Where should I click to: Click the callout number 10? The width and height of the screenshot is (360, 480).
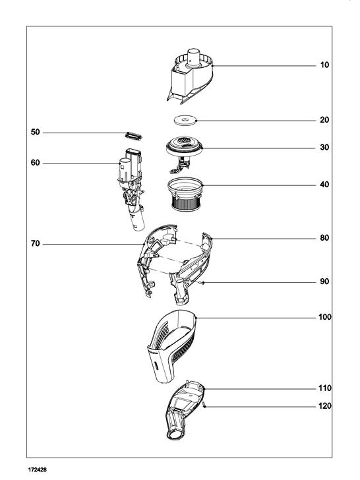[x=324, y=65]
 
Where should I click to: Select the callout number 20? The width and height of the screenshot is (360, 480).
[x=324, y=120]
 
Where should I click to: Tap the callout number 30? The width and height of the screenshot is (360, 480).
[x=324, y=147]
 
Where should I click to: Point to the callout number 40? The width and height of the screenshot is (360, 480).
[x=324, y=185]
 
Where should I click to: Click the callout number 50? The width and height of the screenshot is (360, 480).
[x=36, y=132]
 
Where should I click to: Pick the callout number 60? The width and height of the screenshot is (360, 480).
[x=36, y=163]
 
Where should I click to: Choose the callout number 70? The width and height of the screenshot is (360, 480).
[x=36, y=243]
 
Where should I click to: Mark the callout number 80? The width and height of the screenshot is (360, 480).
[x=324, y=238]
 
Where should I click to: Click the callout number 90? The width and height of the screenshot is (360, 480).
[x=324, y=282]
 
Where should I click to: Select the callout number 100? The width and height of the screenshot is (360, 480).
[x=325, y=317]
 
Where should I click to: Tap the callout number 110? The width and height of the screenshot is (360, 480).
[x=325, y=388]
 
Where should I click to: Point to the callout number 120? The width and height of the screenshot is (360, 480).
[x=325, y=406]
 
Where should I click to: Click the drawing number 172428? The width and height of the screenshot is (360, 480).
[x=38, y=469]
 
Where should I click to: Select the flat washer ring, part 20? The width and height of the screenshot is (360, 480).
[x=185, y=120]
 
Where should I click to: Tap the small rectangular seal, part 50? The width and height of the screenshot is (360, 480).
[x=133, y=136]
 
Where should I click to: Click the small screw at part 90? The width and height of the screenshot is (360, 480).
[x=202, y=283]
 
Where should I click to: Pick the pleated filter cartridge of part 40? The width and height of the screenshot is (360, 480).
[x=185, y=203]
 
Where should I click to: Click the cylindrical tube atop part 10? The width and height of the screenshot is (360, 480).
[x=193, y=57]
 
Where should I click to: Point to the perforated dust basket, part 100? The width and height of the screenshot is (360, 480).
[x=171, y=346]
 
